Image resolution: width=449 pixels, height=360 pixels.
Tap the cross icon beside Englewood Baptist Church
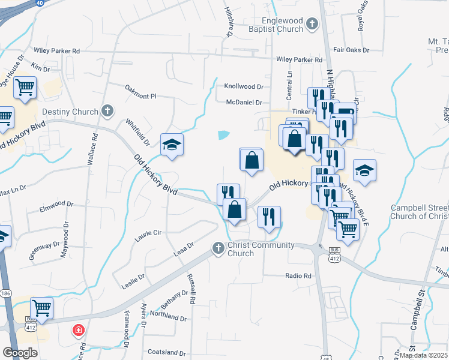click(312, 24)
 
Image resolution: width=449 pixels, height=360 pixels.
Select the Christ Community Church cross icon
click(218, 247)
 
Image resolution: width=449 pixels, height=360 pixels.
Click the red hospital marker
click(78, 330)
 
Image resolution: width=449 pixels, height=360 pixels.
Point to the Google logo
click(19, 353)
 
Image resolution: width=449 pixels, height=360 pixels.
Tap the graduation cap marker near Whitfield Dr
click(172, 145)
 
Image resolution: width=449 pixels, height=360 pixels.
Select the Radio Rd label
click(298, 276)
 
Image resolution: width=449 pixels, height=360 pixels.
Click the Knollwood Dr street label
click(244, 86)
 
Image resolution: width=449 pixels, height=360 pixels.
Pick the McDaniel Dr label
click(244, 102)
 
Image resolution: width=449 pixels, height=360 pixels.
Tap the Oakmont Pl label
click(140, 96)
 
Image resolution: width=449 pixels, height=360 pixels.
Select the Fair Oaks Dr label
click(351, 50)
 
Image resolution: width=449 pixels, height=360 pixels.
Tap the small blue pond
click(223, 135)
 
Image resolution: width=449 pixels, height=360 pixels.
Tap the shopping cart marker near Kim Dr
click(25, 88)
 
